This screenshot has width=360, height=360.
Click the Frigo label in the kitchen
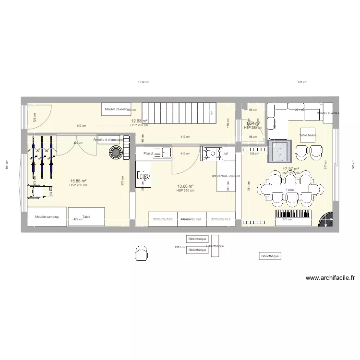pos(143,176)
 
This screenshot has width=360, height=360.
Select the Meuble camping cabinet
pos(47,217)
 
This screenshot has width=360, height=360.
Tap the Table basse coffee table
pos(308,135)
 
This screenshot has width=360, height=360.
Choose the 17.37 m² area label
pos(291,169)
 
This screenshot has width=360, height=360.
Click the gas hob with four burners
pos(214,154)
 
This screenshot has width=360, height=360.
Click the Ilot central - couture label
pos(226,176)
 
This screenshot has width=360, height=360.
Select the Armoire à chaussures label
pos(108,140)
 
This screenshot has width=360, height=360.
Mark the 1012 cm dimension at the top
pos(143,82)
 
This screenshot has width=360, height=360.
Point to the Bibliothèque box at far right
pos(269,256)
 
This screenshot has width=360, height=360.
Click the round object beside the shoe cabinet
pos(116,152)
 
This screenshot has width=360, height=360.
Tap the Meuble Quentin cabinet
pos(116,109)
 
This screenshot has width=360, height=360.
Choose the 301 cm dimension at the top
pos(301,82)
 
